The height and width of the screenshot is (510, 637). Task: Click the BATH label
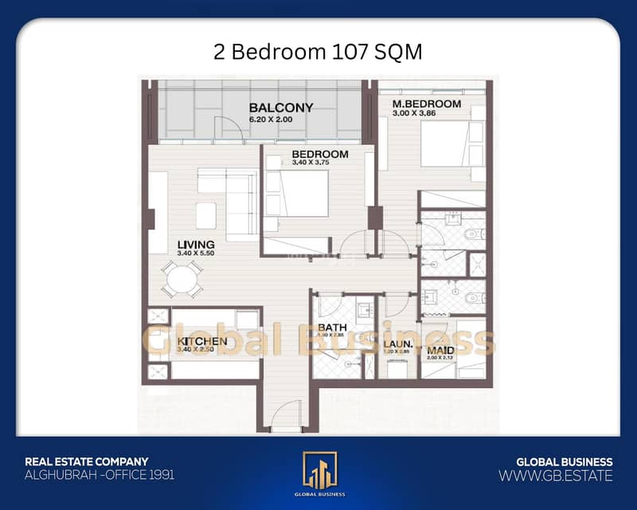coord(330,328)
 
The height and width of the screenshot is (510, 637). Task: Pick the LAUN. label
coord(392,343)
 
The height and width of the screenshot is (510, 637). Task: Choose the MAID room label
coord(440,349)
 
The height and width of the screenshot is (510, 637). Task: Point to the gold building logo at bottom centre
coord(318,471)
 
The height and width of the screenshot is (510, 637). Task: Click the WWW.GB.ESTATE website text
coord(555,476)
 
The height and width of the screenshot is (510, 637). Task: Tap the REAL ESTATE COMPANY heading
coord(87,461)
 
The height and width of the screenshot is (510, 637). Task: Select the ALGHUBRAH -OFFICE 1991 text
coord(100,475)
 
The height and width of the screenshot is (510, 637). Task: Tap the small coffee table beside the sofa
coord(205,214)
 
